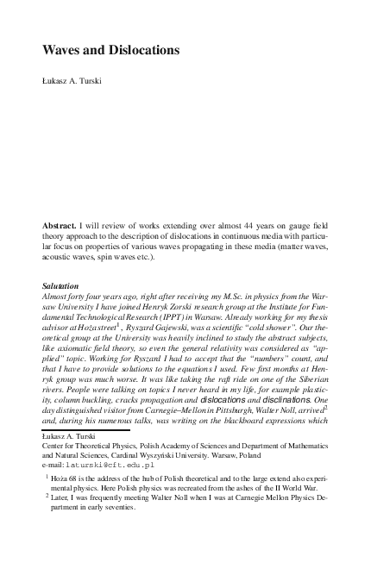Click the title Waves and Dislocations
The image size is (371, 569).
(x=110, y=51)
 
